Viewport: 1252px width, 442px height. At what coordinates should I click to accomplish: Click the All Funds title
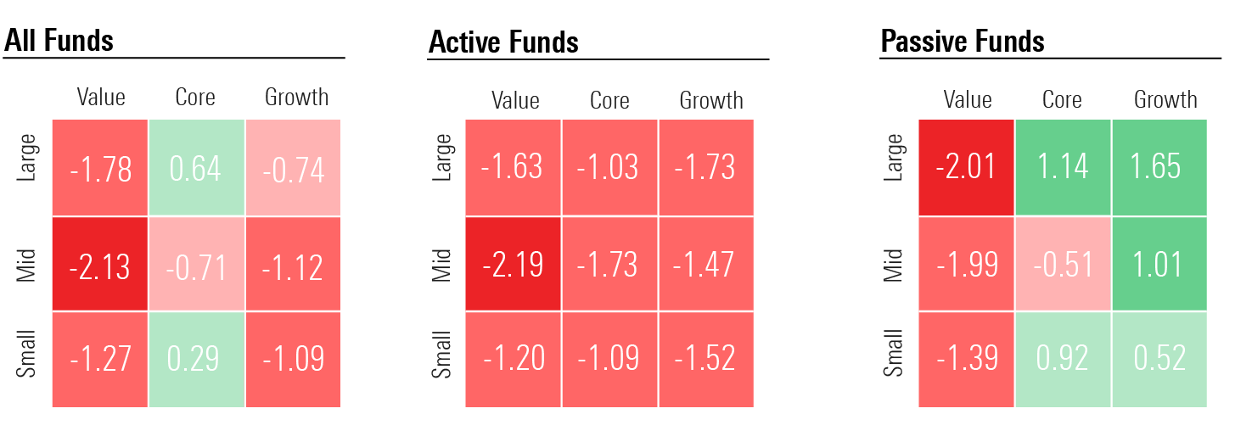[59, 40]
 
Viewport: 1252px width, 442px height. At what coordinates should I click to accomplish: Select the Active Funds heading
[503, 42]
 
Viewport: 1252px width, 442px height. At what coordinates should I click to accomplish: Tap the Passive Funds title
[963, 41]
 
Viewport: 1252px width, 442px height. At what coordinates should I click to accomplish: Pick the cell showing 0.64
[196, 168]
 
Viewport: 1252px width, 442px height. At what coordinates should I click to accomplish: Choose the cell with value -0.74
[293, 168]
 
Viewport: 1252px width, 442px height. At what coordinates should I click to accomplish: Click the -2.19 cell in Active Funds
[513, 265]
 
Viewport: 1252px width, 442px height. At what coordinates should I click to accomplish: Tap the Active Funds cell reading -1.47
[705, 265]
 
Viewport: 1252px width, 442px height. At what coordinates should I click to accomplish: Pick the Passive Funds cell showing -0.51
[1063, 265]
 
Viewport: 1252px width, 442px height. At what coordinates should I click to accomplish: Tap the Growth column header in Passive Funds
[1165, 100]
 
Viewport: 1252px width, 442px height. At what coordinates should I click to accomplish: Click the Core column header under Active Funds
[609, 101]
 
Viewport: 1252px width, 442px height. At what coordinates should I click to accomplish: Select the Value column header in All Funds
[101, 98]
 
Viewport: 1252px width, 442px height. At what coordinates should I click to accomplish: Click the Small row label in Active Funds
[441, 357]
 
